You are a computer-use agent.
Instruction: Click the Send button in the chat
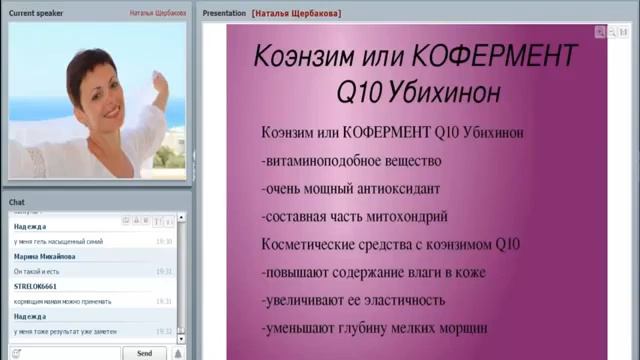(x=144, y=353)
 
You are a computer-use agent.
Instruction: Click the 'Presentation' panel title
(x=223, y=14)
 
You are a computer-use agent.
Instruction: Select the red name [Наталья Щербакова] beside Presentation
(x=297, y=14)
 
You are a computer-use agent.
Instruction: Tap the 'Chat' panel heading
(x=17, y=202)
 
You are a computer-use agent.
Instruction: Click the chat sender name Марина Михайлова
(x=43, y=256)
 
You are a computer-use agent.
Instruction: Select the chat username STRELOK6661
(x=36, y=286)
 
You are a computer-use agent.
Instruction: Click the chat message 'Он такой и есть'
(x=36, y=271)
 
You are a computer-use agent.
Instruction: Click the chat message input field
(x=60, y=353)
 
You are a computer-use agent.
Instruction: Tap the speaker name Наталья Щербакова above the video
(x=158, y=14)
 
